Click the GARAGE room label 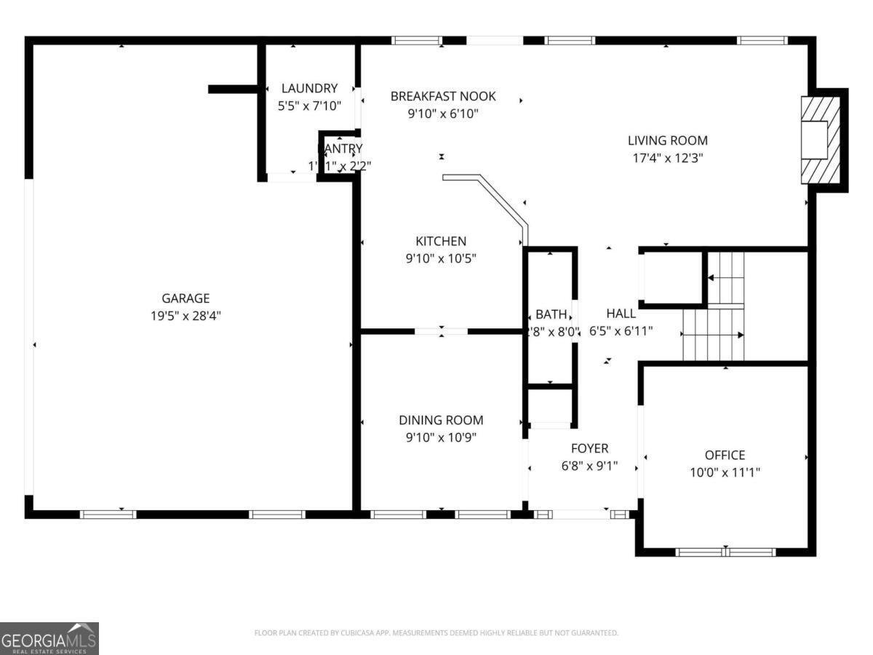click(186, 298)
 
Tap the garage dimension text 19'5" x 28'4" click(186, 316)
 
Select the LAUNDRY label click(309, 89)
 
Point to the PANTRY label click(340, 149)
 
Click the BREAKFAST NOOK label click(442, 96)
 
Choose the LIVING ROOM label click(667, 141)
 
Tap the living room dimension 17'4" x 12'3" click(667, 158)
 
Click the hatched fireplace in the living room click(820, 140)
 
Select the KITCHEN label click(441, 242)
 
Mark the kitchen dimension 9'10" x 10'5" click(441, 258)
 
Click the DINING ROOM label click(441, 421)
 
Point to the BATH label click(551, 314)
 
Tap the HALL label click(621, 314)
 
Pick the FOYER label click(589, 449)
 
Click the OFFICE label click(725, 456)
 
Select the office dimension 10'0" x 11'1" click(725, 472)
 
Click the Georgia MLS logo click(49, 638)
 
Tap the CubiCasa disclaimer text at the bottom click(436, 633)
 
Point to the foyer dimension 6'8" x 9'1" click(589, 466)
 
